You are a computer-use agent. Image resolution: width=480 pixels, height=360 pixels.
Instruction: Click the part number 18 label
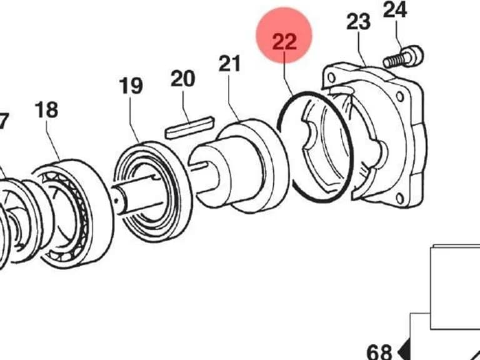pos(46,110)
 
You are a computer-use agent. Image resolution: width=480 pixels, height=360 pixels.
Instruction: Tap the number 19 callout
pos(131,86)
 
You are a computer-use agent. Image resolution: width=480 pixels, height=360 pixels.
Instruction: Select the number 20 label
pos(182,79)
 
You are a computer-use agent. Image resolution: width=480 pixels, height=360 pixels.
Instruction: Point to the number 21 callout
pos(229,63)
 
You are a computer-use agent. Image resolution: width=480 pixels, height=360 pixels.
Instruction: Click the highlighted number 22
pos(284,42)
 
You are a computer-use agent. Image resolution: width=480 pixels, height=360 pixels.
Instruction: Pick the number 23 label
pos(359,21)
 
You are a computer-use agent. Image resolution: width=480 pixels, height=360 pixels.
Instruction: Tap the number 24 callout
pos(395,10)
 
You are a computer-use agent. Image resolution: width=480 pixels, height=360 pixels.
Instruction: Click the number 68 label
pos(379,352)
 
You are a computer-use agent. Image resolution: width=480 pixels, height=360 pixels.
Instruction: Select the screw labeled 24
pos(404,57)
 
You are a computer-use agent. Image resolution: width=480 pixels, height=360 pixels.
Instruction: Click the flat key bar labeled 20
pos(190,127)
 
